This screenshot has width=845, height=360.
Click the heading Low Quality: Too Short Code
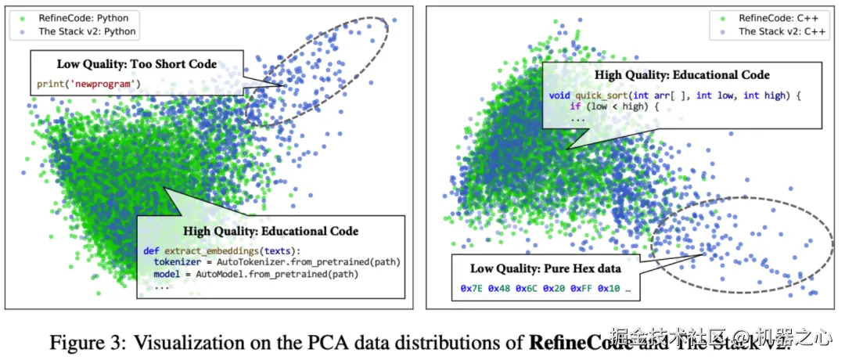coord(136,64)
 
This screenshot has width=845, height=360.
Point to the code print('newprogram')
coord(86,83)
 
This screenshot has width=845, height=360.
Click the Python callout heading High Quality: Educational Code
coord(271,231)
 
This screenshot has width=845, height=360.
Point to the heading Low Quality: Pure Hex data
coord(545,268)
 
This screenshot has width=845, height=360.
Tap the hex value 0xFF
coord(582,288)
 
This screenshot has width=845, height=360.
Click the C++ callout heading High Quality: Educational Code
coord(681,75)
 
